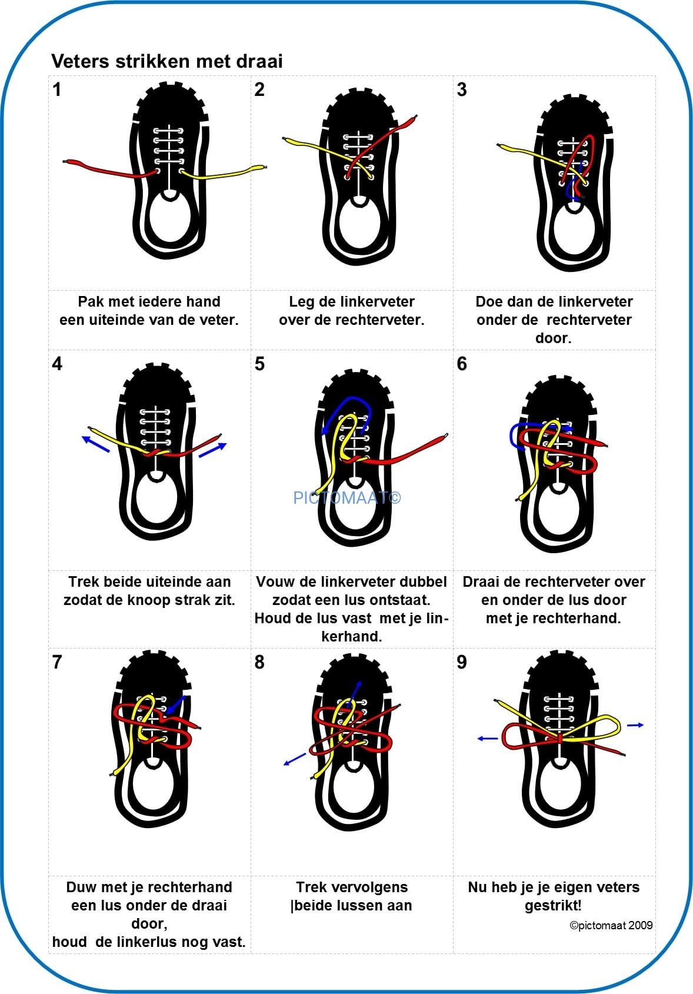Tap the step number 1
pos(56,89)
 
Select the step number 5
pos(259,364)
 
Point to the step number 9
pos(462,662)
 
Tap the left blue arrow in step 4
pos(95,444)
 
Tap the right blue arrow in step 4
pos(212,450)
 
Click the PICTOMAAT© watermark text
pos(347,498)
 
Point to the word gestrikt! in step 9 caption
pos(553,905)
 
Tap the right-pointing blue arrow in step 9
pos(635,725)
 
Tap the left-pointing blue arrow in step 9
pos(487,738)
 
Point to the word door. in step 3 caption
pos(553,338)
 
